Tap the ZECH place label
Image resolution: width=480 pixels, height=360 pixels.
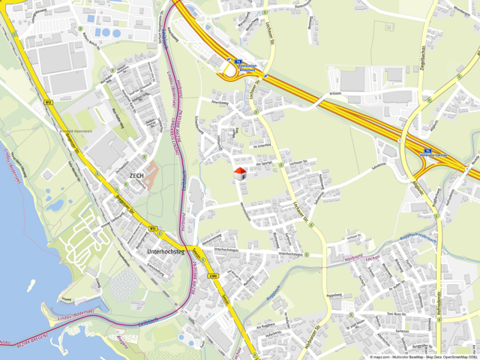[x=136, y=175]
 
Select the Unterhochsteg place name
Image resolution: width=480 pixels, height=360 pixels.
[x=166, y=251]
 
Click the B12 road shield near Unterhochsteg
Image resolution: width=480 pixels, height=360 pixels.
[x=153, y=228]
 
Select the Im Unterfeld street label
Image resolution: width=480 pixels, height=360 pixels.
[x=261, y=145]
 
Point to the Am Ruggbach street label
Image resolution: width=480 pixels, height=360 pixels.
[x=265, y=326]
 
